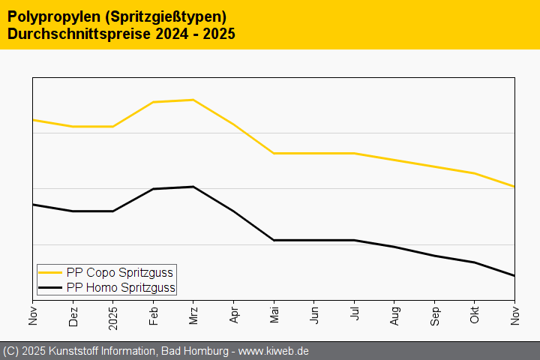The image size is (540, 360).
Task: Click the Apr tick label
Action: (234, 315)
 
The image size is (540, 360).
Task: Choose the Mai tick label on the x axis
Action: (274, 315)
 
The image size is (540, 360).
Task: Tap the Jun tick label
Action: (314, 315)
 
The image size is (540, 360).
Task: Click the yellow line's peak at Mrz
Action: (193, 100)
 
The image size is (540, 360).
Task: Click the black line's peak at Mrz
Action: (193, 187)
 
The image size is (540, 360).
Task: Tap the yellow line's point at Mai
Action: (274, 153)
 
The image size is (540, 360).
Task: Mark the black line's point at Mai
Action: (274, 240)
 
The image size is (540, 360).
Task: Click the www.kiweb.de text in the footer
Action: (274, 351)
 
